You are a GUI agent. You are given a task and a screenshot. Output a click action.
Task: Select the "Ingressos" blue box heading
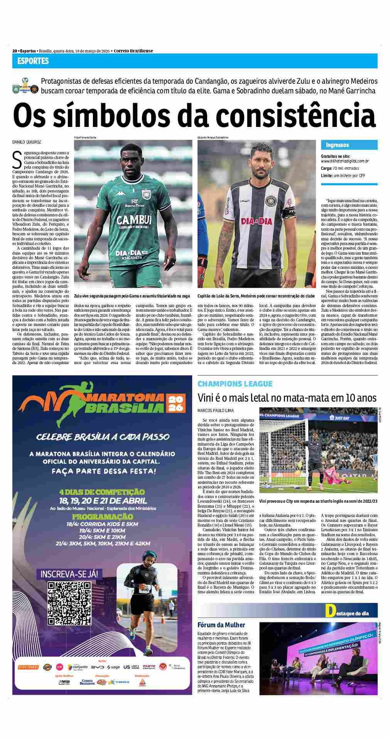[x=337, y=145]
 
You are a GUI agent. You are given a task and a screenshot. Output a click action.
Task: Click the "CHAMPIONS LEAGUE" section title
[x=235, y=384]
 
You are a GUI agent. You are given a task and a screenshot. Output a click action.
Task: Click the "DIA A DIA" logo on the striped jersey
[x=256, y=221]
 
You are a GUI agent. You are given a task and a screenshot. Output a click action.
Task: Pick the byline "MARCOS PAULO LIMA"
[x=216, y=410]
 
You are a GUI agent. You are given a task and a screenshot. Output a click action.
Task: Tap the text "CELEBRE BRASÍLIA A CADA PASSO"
[x=102, y=437]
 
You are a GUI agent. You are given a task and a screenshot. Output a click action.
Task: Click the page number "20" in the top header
[x=15, y=51]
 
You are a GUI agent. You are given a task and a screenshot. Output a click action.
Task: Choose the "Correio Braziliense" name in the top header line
[x=133, y=51]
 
